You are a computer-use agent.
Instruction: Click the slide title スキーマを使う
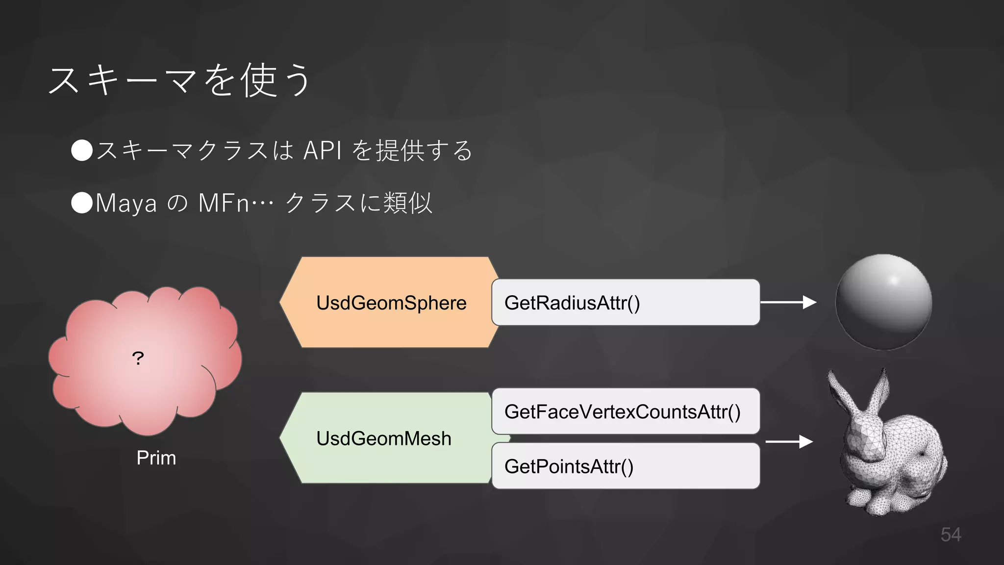(179, 80)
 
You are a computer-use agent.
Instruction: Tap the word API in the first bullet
(322, 150)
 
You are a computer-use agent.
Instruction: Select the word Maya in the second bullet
(126, 203)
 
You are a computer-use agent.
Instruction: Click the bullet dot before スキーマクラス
(82, 150)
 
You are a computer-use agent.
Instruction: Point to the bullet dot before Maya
(82, 203)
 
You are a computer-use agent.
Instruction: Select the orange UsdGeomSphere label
(391, 303)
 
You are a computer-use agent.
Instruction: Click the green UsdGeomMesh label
(383, 438)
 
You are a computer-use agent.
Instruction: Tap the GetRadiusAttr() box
(625, 302)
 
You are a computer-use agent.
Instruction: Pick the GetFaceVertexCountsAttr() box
(625, 411)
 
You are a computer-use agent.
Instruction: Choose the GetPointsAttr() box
(625, 466)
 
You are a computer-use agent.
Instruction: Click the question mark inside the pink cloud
(138, 359)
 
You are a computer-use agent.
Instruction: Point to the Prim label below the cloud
(156, 458)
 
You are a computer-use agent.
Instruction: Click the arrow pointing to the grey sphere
(788, 302)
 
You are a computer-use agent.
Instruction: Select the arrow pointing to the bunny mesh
(789, 441)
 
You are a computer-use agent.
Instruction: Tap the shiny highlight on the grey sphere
(894, 280)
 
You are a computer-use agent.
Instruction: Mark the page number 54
(951, 534)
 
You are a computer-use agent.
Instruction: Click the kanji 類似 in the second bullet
(407, 203)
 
